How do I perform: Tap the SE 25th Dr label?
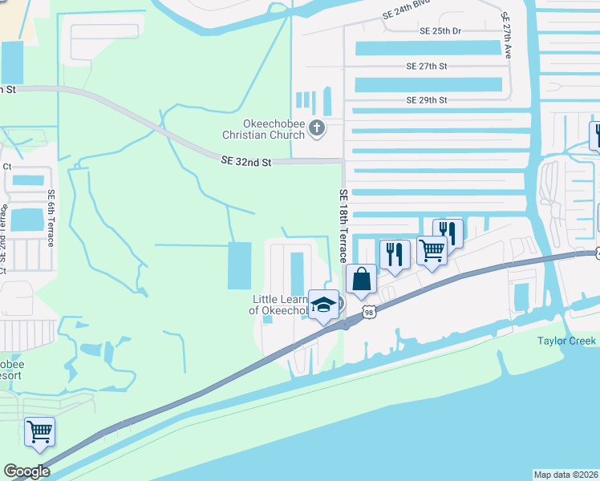(440, 31)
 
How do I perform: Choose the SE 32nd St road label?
(247, 162)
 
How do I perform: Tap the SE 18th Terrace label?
(343, 226)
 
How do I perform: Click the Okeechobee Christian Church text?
(265, 129)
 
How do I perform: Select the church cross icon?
(317, 127)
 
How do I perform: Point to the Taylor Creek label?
(566, 342)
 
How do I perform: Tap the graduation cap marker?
(324, 305)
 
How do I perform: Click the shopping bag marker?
(362, 279)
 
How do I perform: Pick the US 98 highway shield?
(367, 310)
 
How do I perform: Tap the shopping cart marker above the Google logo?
(39, 431)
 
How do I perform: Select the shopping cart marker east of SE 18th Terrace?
(432, 251)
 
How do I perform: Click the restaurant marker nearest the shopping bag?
(395, 254)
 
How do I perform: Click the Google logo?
(26, 471)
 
